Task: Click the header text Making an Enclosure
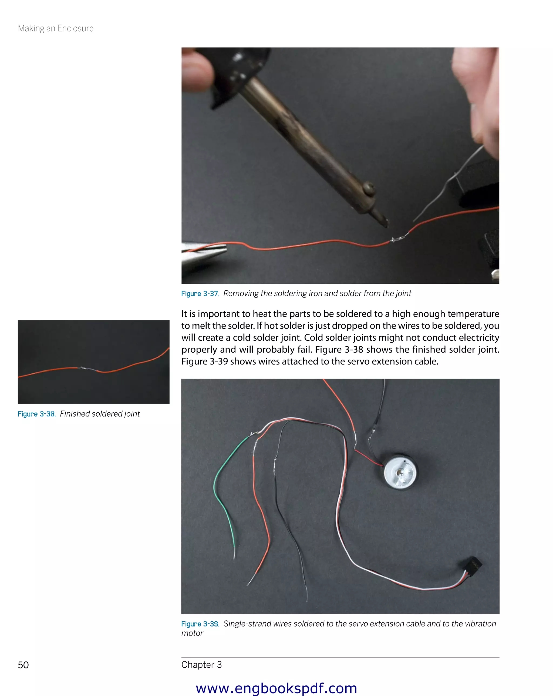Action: pos(56,28)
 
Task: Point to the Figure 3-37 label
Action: pos(200,294)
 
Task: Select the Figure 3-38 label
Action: pos(36,414)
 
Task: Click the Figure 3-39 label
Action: pos(200,624)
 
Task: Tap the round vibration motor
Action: pos(400,472)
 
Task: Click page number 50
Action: pos(23,665)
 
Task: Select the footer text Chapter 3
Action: pos(201,665)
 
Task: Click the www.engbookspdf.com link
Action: pos(276,688)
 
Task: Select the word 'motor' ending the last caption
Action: pos(192,633)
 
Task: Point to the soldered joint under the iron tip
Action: pos(399,239)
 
